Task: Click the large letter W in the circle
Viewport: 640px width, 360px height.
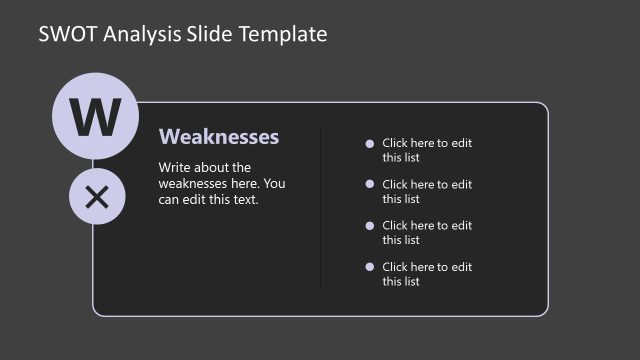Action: point(94,118)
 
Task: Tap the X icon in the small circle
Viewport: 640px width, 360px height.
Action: point(97,197)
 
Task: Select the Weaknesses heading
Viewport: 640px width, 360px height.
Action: point(219,137)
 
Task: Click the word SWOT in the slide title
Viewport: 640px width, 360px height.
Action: point(67,35)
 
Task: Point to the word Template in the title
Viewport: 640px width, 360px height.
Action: point(285,35)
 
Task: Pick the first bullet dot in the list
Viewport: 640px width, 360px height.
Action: point(370,143)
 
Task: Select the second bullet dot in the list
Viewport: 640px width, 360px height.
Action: point(370,184)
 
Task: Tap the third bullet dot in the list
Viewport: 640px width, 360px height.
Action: point(370,225)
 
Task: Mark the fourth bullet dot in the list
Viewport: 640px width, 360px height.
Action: point(370,267)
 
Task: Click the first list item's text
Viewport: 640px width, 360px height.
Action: point(427,150)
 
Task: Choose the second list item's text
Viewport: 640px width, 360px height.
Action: point(427,191)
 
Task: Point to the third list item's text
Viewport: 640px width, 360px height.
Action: point(427,232)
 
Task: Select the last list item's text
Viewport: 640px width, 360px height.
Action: point(427,274)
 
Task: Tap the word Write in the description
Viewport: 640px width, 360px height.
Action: point(176,168)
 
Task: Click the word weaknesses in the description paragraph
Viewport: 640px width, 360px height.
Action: point(196,183)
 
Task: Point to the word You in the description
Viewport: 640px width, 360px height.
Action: point(274,183)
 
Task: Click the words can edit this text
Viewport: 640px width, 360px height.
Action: point(208,199)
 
